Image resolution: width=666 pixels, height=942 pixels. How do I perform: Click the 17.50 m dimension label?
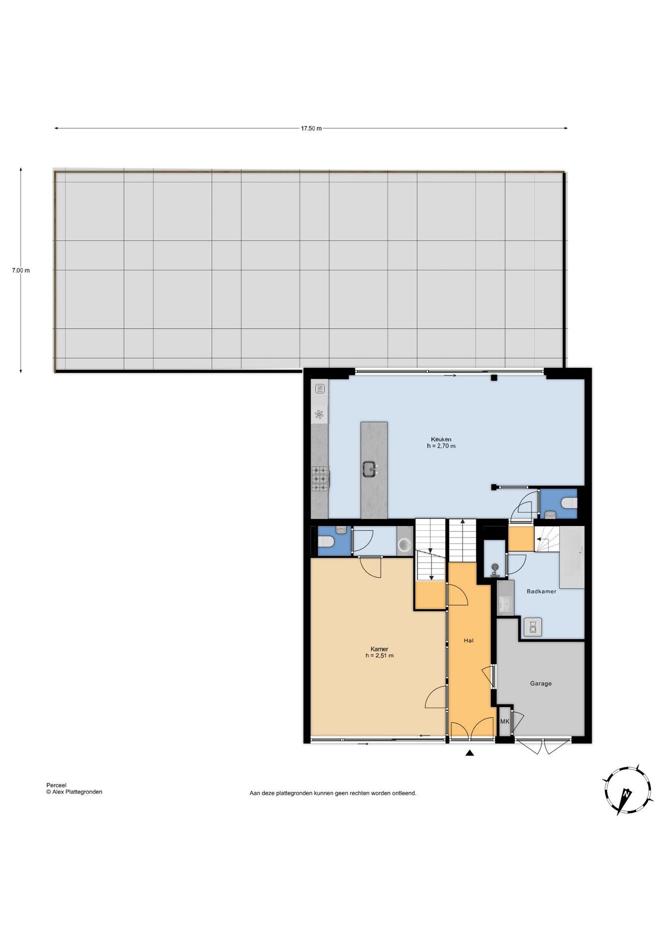(x=311, y=129)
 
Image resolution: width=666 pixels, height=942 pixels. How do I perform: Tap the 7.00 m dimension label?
(x=21, y=270)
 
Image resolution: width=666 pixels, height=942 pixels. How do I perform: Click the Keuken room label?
(x=441, y=439)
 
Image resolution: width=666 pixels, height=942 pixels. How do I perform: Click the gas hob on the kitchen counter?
(x=320, y=478)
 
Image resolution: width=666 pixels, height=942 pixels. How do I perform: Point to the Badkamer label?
(x=541, y=591)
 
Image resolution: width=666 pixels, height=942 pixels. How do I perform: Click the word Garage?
(x=540, y=683)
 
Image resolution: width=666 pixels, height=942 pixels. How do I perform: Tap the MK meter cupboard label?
(x=505, y=722)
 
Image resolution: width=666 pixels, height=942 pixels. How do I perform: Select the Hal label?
(x=468, y=640)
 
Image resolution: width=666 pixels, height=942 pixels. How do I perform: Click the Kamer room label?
(x=379, y=649)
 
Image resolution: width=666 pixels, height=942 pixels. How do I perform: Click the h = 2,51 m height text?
(x=379, y=655)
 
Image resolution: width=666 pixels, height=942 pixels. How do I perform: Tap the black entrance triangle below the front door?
(x=469, y=753)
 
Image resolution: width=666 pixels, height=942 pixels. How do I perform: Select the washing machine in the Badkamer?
(x=533, y=627)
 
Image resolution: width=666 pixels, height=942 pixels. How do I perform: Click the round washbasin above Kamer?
(x=405, y=545)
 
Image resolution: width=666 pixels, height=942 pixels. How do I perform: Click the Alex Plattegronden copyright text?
(x=74, y=791)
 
